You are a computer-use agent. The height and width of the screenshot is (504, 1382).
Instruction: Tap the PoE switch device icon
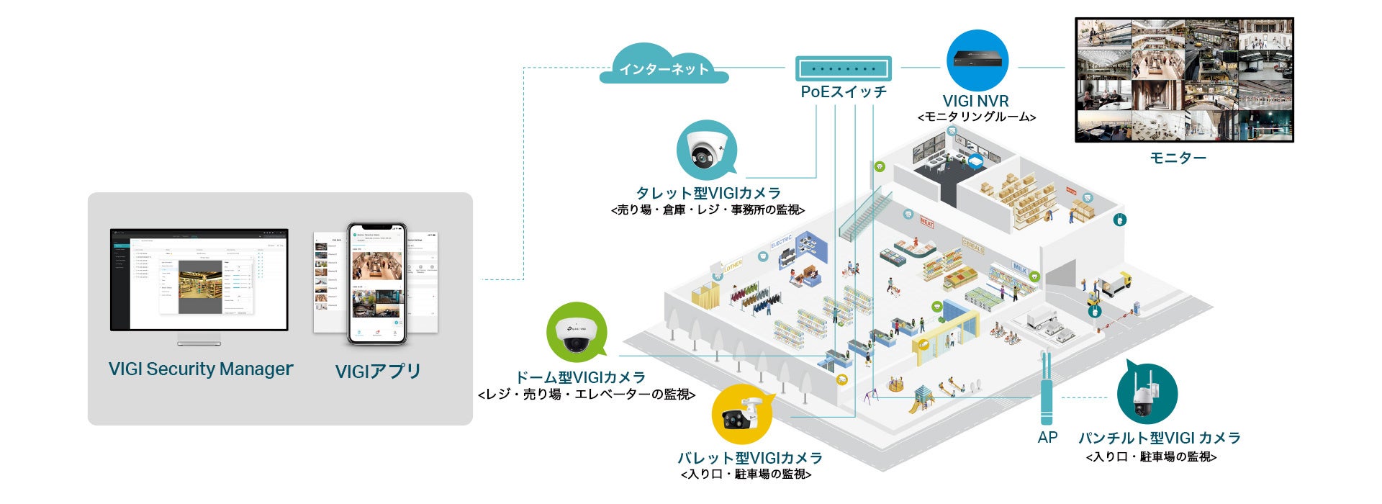(x=843, y=69)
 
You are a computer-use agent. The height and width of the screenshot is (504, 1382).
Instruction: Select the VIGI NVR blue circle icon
(x=977, y=60)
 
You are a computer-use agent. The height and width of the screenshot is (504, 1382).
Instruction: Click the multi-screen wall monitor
(x=1183, y=80)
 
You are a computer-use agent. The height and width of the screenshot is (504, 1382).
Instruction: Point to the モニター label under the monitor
(x=1177, y=158)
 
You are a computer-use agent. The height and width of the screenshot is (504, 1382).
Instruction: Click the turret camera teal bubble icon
(x=707, y=150)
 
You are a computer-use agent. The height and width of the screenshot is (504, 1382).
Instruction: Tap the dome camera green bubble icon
(x=576, y=332)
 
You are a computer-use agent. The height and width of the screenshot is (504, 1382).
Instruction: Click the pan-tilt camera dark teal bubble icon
(x=1147, y=395)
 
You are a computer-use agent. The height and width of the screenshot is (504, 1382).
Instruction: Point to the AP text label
(x=1047, y=437)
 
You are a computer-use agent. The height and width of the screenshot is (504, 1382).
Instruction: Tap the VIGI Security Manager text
(x=200, y=369)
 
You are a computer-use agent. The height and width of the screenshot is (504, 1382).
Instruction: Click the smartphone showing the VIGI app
(x=377, y=283)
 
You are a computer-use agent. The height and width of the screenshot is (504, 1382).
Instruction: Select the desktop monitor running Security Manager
(x=199, y=281)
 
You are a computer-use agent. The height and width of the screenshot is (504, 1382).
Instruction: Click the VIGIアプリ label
(x=378, y=372)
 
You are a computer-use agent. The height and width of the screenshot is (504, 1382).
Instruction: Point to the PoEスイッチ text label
(x=844, y=92)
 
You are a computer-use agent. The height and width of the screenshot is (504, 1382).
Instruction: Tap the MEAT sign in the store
(x=926, y=223)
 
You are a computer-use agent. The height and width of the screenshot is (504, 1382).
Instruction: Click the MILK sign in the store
(x=1020, y=267)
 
